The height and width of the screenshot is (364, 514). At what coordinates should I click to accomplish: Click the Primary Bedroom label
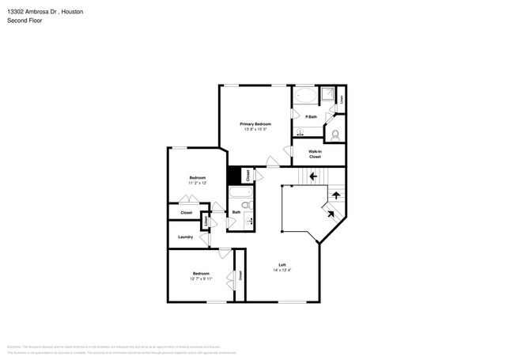[255, 124]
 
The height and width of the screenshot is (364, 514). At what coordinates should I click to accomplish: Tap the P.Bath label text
[312, 117]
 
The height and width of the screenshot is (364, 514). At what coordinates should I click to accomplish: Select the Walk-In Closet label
[314, 154]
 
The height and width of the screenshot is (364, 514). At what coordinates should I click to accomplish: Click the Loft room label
[282, 264]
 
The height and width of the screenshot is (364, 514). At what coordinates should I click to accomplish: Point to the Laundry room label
[186, 237]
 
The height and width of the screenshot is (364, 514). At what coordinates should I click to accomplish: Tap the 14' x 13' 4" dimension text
[282, 271]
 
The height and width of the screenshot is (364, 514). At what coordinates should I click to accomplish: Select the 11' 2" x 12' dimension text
[197, 183]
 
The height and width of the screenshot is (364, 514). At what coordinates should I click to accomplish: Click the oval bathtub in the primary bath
[306, 99]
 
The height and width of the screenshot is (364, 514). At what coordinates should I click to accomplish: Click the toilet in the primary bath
[335, 133]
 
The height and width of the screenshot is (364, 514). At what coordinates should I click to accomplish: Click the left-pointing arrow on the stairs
[313, 176]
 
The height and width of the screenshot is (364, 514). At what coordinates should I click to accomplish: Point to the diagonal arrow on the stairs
[327, 210]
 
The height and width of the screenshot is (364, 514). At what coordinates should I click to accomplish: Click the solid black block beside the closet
[234, 176]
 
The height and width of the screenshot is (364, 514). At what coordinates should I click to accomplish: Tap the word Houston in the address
[71, 13]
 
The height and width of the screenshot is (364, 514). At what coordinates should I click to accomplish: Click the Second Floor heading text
[25, 21]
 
